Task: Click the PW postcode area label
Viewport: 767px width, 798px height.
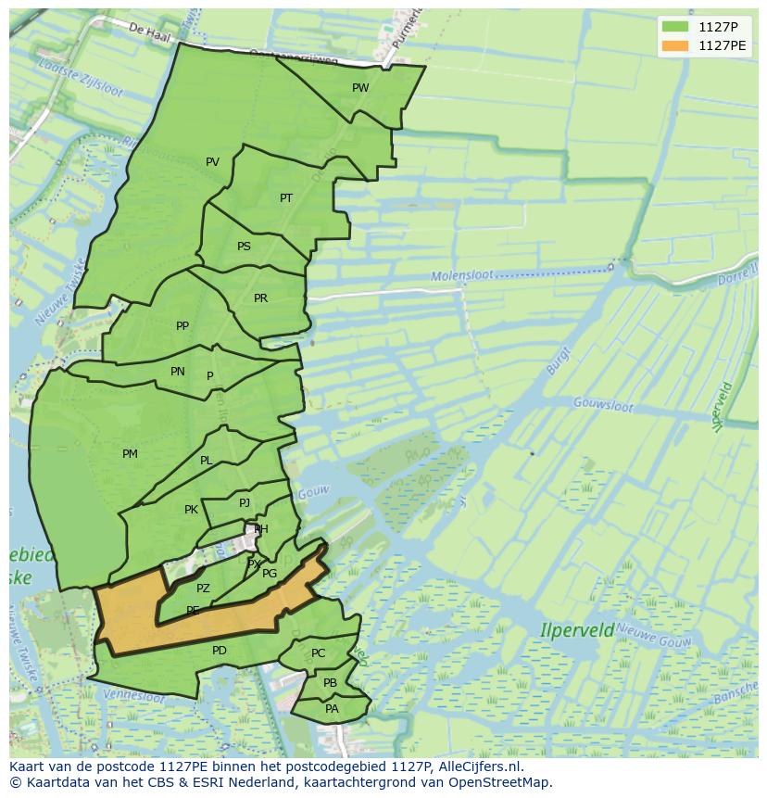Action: point(360,88)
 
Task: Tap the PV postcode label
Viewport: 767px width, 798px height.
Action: point(212,162)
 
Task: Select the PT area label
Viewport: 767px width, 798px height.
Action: point(286,198)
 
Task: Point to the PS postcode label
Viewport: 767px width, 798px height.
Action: point(244,247)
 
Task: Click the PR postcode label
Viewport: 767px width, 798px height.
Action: point(260,298)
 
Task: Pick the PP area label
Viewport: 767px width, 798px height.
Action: point(182,326)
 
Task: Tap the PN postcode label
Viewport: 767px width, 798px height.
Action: point(178,372)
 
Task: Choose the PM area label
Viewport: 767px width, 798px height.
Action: point(130,454)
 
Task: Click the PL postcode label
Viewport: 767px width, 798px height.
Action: point(206,461)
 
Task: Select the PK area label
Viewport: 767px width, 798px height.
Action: point(191,510)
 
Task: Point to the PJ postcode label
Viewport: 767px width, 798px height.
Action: point(245,503)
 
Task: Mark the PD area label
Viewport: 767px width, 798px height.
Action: point(220,651)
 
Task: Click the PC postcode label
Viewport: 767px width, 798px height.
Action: point(318,653)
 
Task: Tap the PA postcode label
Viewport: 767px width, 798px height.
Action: point(332,709)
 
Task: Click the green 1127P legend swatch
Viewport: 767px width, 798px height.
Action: point(675,26)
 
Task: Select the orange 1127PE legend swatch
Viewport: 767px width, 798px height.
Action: point(675,44)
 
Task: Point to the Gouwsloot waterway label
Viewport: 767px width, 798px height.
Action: point(602,404)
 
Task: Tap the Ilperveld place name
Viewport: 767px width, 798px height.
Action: point(577,630)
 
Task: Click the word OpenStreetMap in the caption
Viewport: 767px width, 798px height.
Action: point(507,782)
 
